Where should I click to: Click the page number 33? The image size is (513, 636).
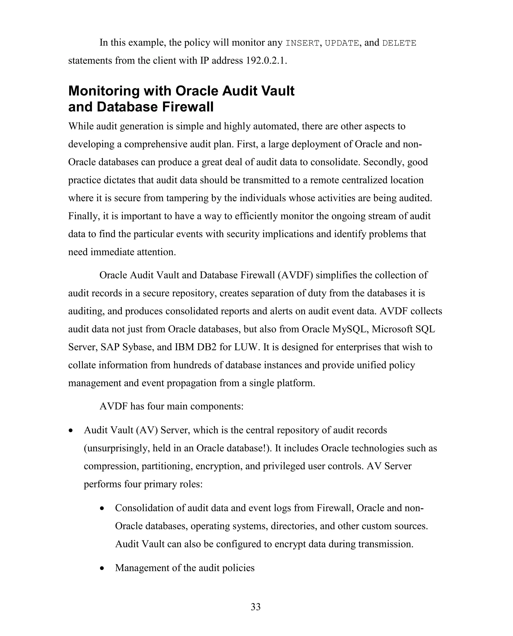tap(255, 606)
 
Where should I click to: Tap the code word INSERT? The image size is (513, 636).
tap(302, 43)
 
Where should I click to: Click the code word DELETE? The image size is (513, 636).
tap(399, 43)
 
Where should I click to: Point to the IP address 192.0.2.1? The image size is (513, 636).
tap(265, 61)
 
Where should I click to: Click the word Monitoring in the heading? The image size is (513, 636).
tap(104, 91)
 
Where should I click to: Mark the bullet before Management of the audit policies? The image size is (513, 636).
tap(102, 568)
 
